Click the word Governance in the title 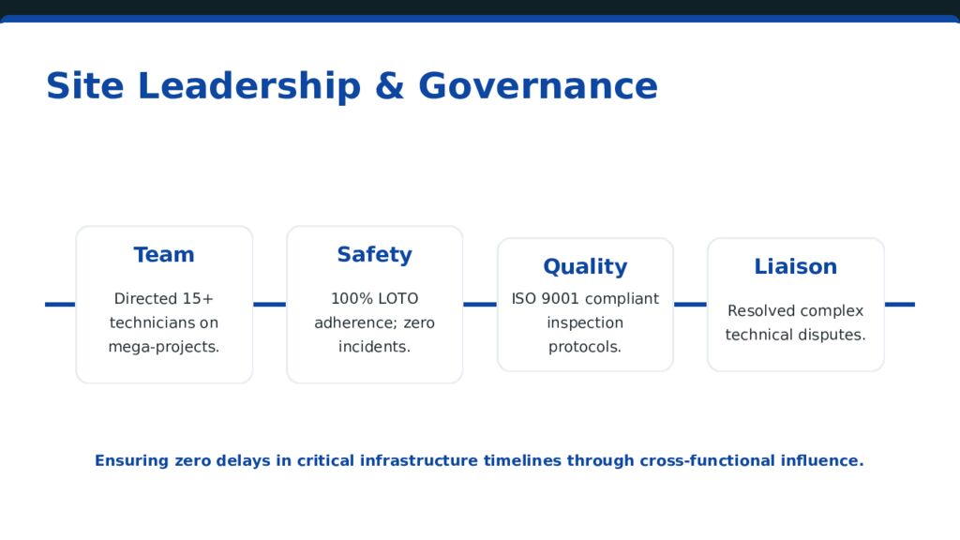tap(537, 86)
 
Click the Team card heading tap(164, 255)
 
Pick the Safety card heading tap(374, 255)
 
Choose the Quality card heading tap(585, 267)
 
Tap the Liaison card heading tap(795, 267)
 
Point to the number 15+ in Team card tap(198, 299)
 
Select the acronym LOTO tap(398, 299)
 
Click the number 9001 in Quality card tap(560, 299)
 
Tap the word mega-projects tap(164, 347)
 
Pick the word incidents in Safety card tap(374, 347)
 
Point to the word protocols tap(585, 347)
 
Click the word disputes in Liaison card tap(830, 335)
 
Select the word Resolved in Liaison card tap(760, 311)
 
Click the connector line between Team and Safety tap(269, 304)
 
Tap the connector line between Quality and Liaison tap(690, 304)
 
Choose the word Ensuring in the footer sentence tap(131, 461)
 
